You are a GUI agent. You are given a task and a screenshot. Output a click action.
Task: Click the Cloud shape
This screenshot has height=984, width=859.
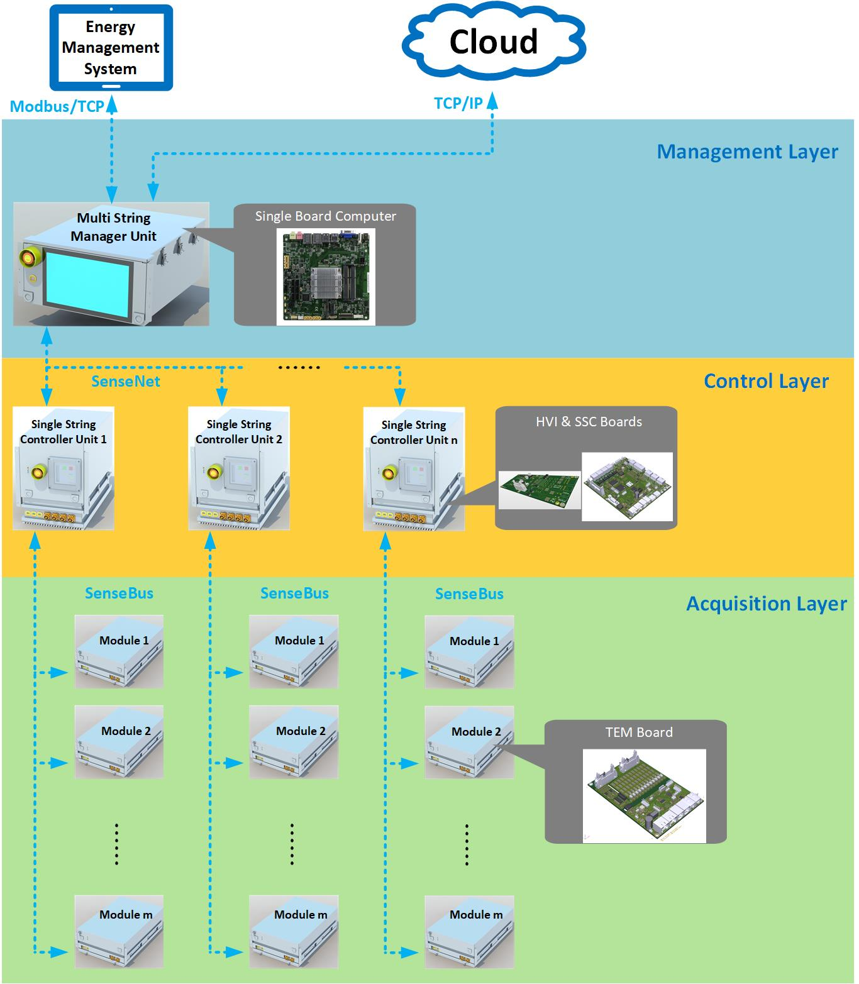pyautogui.click(x=494, y=41)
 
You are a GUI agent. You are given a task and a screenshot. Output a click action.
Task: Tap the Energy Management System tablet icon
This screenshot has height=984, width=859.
pyautogui.click(x=111, y=48)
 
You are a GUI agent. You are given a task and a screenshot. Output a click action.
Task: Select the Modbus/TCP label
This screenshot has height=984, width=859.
pyautogui.click(x=57, y=106)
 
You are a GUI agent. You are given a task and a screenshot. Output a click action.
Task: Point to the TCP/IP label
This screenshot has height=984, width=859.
pyautogui.click(x=458, y=104)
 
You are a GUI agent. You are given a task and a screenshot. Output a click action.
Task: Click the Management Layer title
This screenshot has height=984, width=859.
pyautogui.click(x=747, y=152)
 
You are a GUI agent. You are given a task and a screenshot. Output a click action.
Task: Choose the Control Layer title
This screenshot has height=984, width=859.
pyautogui.click(x=766, y=381)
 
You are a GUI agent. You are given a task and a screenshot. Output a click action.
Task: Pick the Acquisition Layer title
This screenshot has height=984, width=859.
pyautogui.click(x=766, y=604)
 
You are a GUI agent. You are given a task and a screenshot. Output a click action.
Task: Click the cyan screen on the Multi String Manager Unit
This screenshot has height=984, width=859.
pyautogui.click(x=88, y=281)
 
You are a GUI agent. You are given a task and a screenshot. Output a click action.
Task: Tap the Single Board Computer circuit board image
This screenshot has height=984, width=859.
pyautogui.click(x=326, y=276)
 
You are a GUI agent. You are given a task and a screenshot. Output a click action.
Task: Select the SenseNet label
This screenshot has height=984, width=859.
pyautogui.click(x=126, y=381)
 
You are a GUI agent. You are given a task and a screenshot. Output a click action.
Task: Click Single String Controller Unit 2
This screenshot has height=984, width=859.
pyautogui.click(x=239, y=468)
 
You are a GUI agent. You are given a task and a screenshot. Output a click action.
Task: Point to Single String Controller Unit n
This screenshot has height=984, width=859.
pyautogui.click(x=414, y=468)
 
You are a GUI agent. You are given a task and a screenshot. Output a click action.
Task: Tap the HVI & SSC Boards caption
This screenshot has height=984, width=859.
pyautogui.click(x=589, y=422)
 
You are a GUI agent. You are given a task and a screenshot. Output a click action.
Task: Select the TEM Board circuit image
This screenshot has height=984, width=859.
pyautogui.click(x=644, y=795)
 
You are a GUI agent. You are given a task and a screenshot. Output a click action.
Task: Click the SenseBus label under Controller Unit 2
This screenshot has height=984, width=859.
pyautogui.click(x=294, y=594)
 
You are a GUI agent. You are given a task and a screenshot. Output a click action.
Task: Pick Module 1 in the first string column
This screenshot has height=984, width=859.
pyautogui.click(x=119, y=651)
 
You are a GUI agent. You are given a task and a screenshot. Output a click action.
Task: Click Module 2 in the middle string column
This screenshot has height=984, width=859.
pyautogui.click(x=294, y=742)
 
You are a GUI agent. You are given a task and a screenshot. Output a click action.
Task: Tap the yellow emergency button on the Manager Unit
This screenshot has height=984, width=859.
pyautogui.click(x=28, y=257)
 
